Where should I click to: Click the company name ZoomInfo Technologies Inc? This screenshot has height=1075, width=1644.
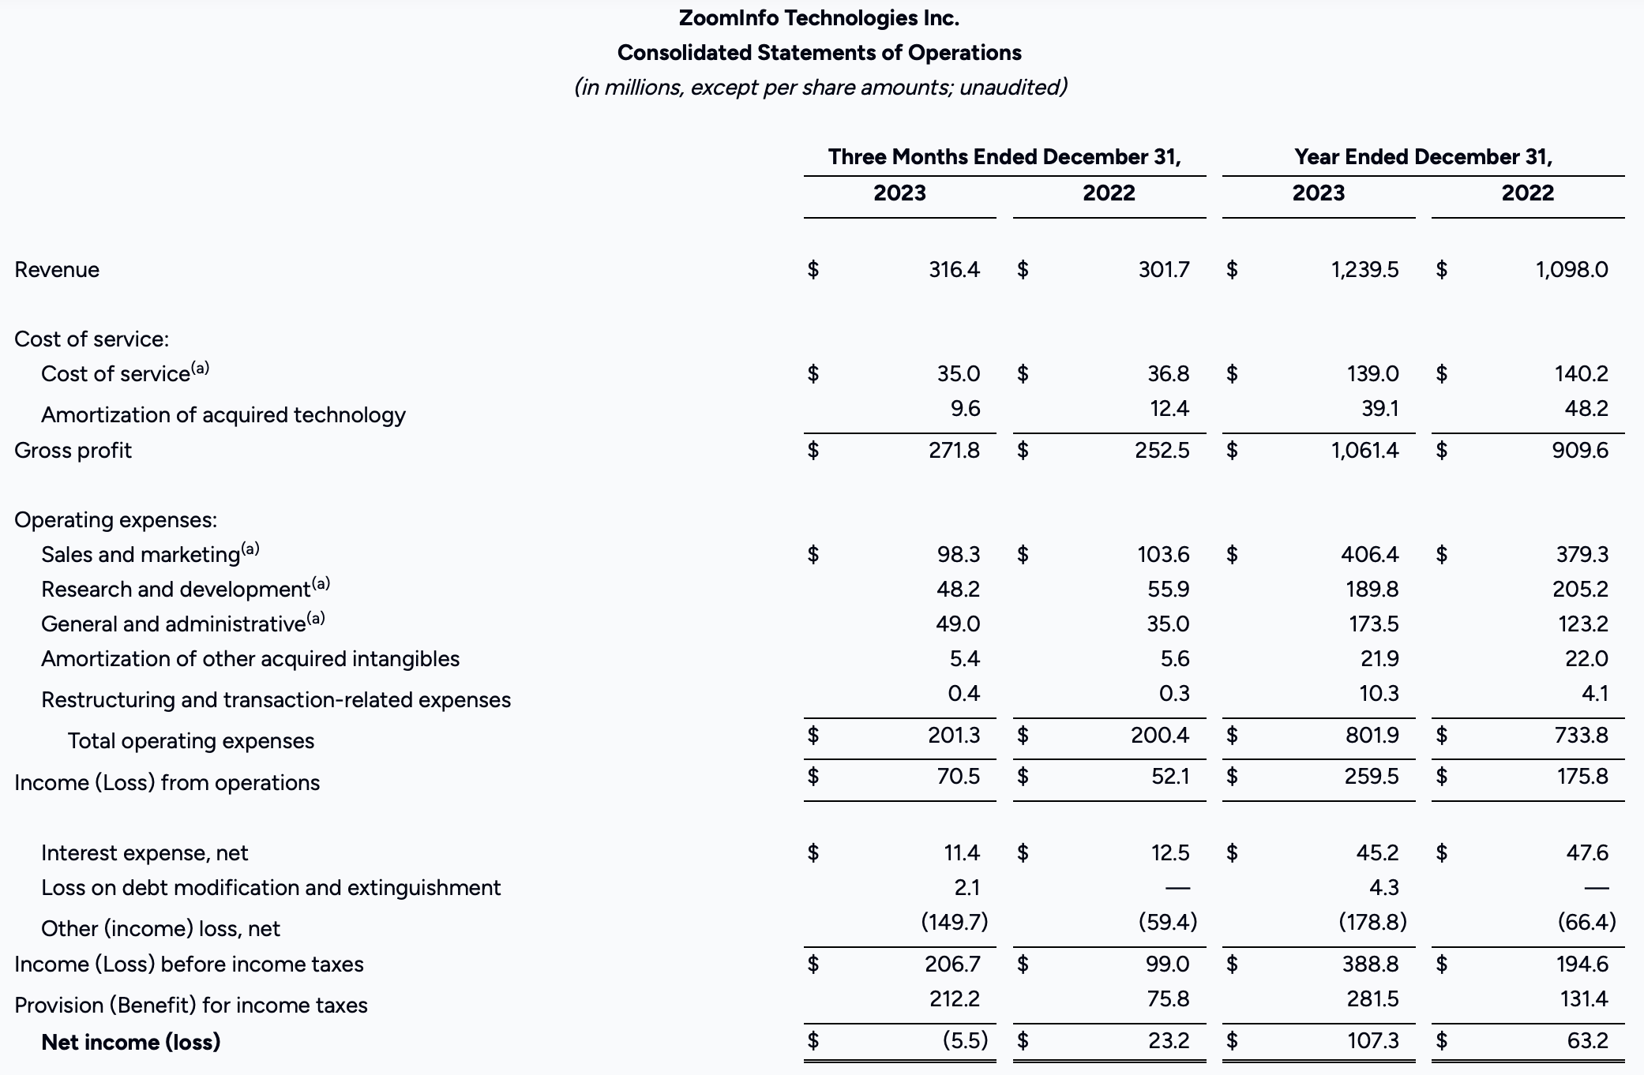pos(819,18)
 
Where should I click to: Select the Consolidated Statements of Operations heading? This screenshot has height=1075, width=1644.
pos(819,53)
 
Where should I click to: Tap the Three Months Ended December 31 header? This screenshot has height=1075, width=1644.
pos(1004,157)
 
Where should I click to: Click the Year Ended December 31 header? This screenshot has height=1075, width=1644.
pos(1423,157)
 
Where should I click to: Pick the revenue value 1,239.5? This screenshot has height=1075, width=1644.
pos(1364,270)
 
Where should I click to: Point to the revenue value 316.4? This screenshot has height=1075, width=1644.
pos(954,270)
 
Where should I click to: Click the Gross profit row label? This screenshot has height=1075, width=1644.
pos(73,451)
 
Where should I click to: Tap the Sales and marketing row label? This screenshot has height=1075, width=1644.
pos(141,555)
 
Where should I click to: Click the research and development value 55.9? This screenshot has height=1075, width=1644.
pos(1168,590)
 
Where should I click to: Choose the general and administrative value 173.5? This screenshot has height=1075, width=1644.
pos(1373,624)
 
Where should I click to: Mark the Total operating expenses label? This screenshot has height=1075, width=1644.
pos(191,741)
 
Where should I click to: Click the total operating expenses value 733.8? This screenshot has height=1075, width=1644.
pos(1581,736)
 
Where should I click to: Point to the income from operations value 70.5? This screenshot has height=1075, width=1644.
pos(959,777)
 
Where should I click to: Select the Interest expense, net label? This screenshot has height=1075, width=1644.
pos(145,853)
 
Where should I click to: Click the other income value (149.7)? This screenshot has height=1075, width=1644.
pos(955,922)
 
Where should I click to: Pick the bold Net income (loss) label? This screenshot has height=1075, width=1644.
pos(131,1043)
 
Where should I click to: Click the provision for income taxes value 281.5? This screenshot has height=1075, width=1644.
pos(1372,999)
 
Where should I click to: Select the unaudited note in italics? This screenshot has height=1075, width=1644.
pos(820,88)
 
